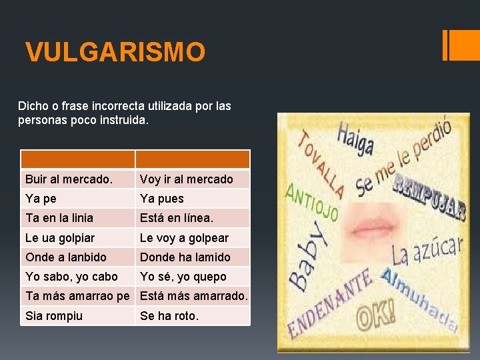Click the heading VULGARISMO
click(x=115, y=52)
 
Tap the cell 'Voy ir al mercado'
click(x=193, y=179)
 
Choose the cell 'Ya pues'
click(x=193, y=199)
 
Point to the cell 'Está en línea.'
click(x=193, y=218)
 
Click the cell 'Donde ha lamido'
click(x=193, y=257)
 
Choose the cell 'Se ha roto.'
click(x=193, y=316)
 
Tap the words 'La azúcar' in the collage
click(x=427, y=251)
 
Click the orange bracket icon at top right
click(x=457, y=45)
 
